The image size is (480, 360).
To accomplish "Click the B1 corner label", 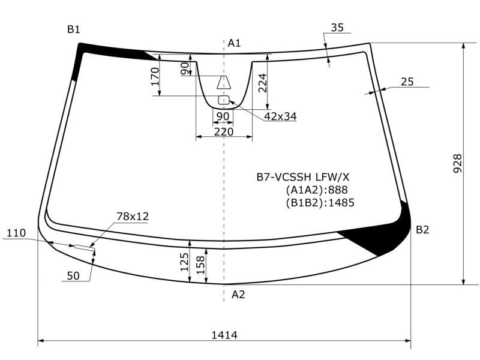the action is (73, 29).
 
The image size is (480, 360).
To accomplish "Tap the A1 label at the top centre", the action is (234, 43).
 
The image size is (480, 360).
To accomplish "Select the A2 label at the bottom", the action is (238, 295).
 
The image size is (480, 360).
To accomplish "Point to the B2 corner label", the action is (422, 230).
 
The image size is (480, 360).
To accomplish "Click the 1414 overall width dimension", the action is (224, 335).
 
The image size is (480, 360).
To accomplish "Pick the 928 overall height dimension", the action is (457, 163).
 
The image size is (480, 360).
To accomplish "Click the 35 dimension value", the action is (337, 28).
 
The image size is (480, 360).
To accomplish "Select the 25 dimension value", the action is (407, 82).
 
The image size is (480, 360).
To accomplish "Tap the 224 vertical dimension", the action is (263, 83).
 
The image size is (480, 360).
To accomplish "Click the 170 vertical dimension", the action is (155, 77).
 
